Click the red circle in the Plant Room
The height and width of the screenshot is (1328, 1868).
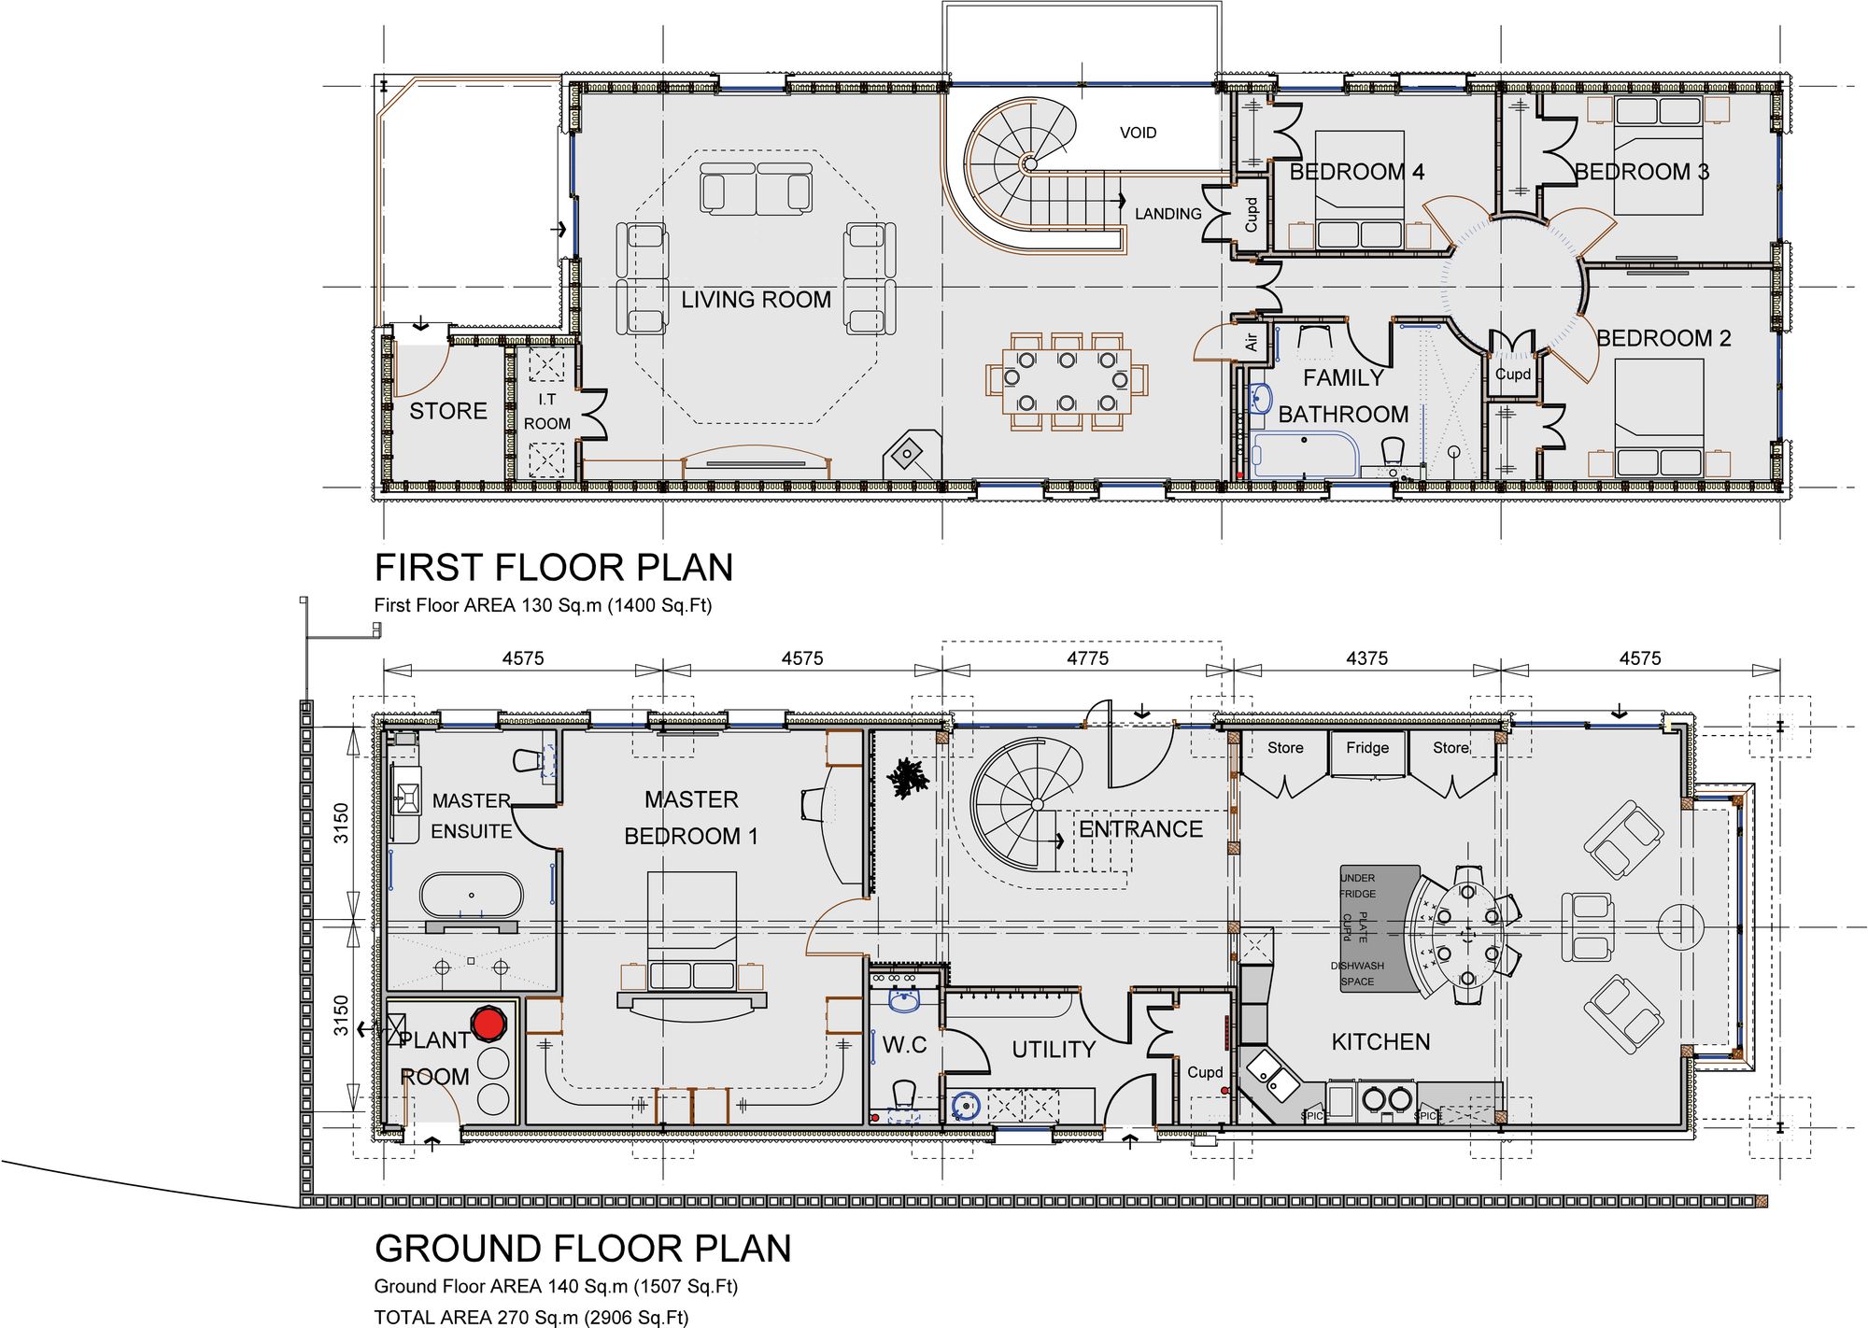(488, 1024)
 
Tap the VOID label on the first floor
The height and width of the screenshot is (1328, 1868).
(1138, 133)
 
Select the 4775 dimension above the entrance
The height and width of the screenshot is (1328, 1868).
(1087, 658)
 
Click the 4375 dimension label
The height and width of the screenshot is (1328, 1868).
(1366, 658)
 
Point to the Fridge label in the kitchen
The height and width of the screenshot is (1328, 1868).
(1367, 748)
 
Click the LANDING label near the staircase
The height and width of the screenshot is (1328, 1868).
(1167, 214)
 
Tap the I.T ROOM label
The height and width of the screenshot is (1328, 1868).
(546, 411)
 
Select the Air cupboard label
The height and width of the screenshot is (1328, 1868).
(1251, 343)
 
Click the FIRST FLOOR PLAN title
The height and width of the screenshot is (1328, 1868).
(553, 568)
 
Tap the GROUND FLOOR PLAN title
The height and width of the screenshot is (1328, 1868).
(583, 1249)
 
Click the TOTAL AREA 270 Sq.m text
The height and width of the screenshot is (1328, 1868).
(531, 1317)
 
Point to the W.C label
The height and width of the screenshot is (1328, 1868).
(904, 1045)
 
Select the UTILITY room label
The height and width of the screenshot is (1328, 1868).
(1053, 1050)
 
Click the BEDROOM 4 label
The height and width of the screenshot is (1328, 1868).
(1356, 172)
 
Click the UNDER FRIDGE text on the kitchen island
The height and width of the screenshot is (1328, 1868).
(1357, 885)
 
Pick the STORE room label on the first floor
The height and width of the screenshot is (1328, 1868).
(448, 411)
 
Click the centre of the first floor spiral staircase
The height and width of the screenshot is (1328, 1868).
(1029, 164)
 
